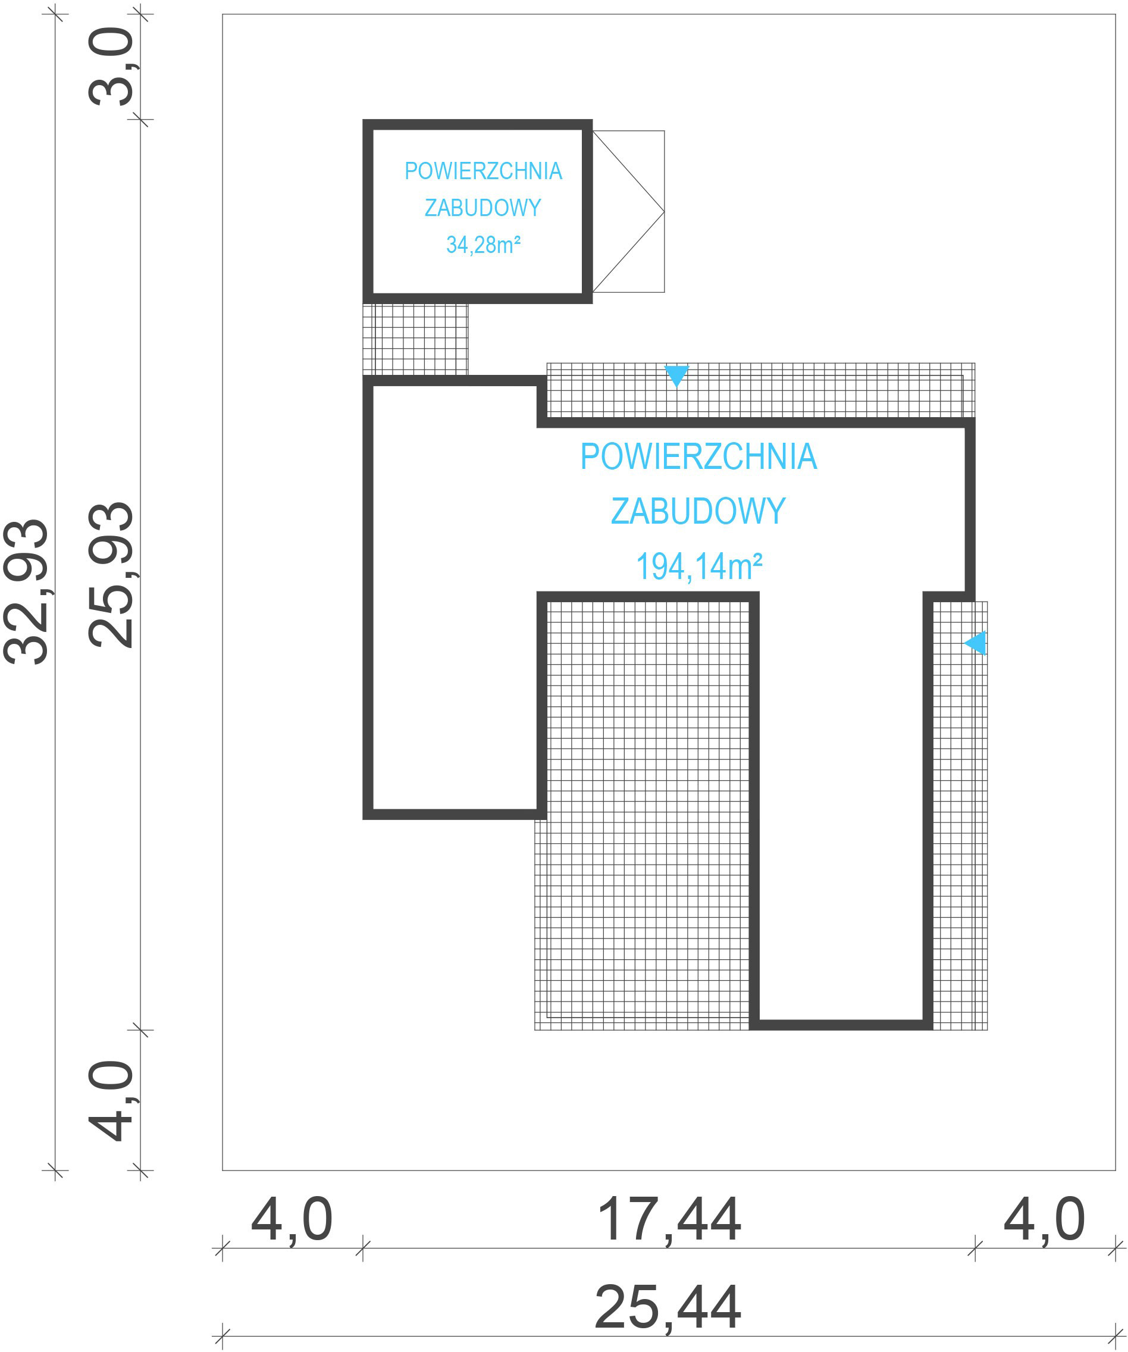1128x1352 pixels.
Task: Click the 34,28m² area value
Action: (483, 245)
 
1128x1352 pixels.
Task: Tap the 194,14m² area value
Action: (699, 567)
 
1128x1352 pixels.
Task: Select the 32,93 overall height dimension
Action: (26, 591)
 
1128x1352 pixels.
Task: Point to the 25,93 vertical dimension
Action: (111, 574)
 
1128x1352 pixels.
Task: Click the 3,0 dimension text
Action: (111, 66)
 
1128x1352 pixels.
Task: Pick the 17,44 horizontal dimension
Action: (669, 1220)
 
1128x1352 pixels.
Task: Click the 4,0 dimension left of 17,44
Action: (292, 1220)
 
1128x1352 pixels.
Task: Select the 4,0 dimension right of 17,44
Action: (1044, 1220)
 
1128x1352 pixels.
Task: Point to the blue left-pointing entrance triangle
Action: (976, 643)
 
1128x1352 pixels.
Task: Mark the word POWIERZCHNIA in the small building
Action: (484, 171)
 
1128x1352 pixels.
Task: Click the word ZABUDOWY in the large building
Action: (698, 511)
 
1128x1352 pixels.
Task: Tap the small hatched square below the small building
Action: (416, 339)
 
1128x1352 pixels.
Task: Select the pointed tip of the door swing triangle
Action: (664, 211)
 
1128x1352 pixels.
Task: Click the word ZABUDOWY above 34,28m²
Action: (483, 207)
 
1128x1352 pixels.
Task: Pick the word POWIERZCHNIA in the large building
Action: (698, 456)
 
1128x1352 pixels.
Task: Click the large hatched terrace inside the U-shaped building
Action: (644, 811)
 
